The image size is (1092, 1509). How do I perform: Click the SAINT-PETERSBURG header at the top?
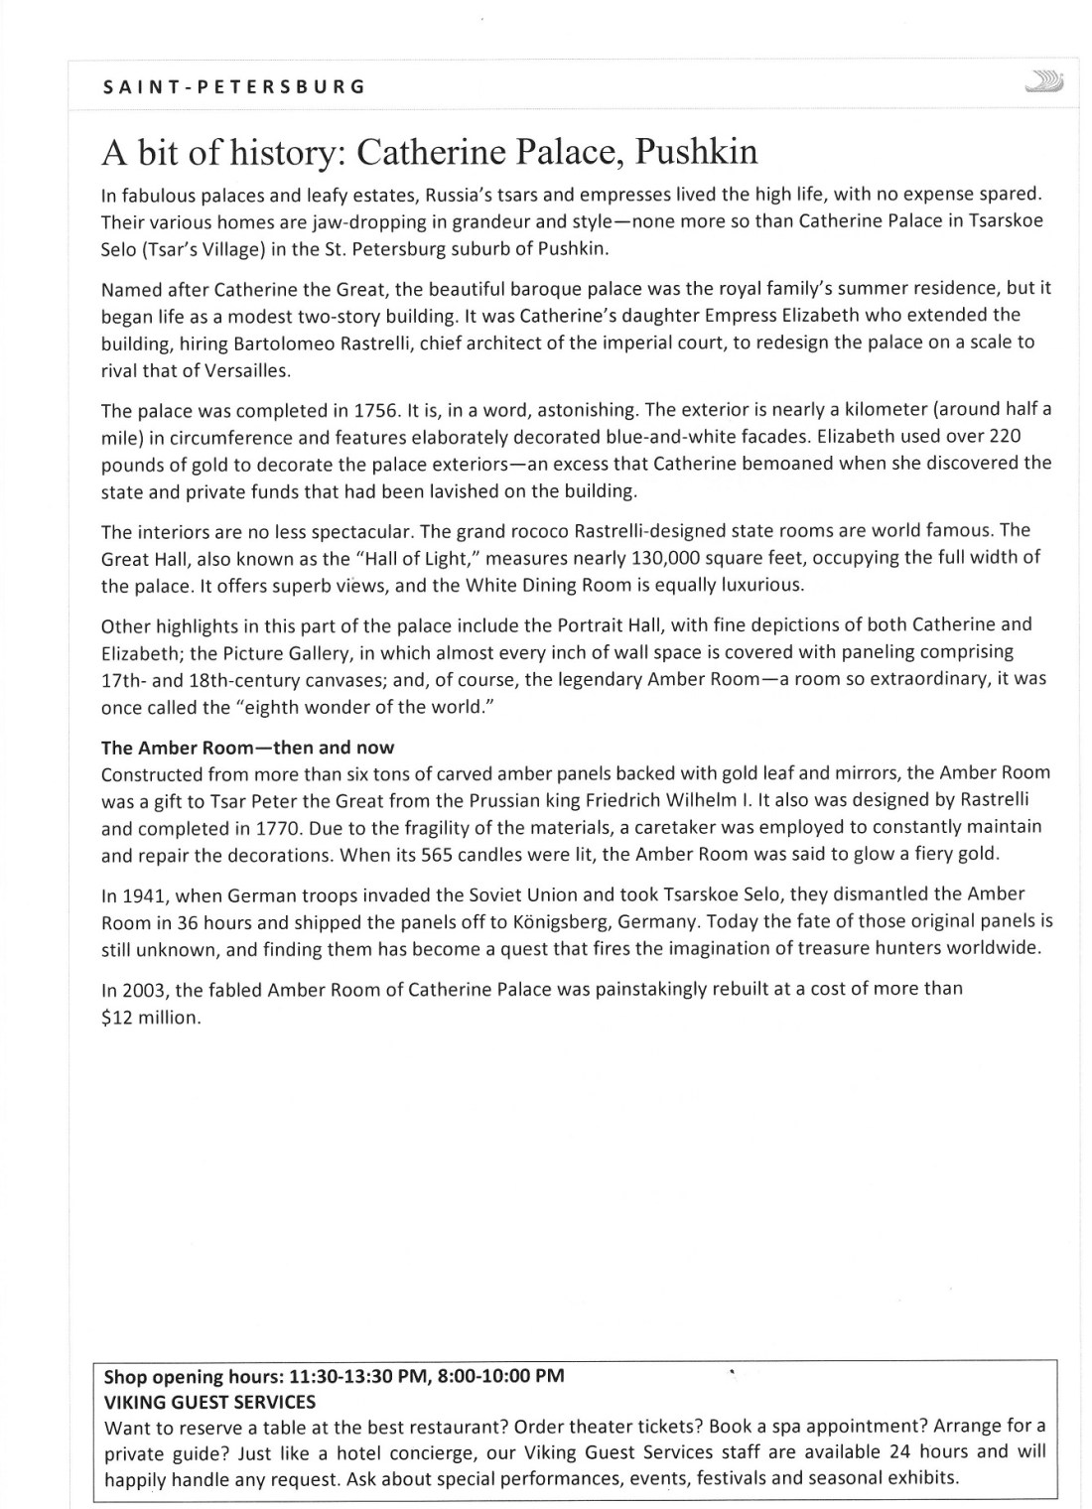pos(234,86)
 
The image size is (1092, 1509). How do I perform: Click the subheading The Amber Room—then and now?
pos(247,748)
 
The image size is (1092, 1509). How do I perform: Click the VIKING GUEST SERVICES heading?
pos(209,1402)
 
